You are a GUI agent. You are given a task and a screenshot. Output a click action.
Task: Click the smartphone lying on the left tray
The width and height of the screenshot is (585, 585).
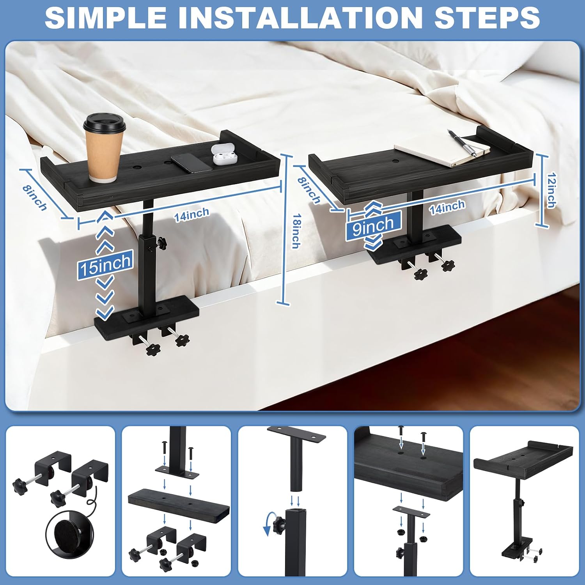pyautogui.click(x=192, y=162)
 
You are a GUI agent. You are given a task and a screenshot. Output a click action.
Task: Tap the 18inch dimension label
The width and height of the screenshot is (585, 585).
pyautogui.click(x=296, y=231)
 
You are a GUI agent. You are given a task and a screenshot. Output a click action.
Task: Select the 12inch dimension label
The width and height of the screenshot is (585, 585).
pyautogui.click(x=551, y=190)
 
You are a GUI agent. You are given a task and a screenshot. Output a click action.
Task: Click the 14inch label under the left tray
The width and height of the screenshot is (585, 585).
pyautogui.click(x=191, y=215)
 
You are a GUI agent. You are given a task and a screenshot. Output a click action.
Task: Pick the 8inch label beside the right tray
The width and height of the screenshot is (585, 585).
pyautogui.click(x=309, y=191)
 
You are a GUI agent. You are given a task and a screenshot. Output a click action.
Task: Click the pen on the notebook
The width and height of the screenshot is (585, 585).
pyautogui.click(x=463, y=143)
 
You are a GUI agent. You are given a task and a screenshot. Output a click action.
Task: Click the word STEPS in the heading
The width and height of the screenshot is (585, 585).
pyautogui.click(x=487, y=17)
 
